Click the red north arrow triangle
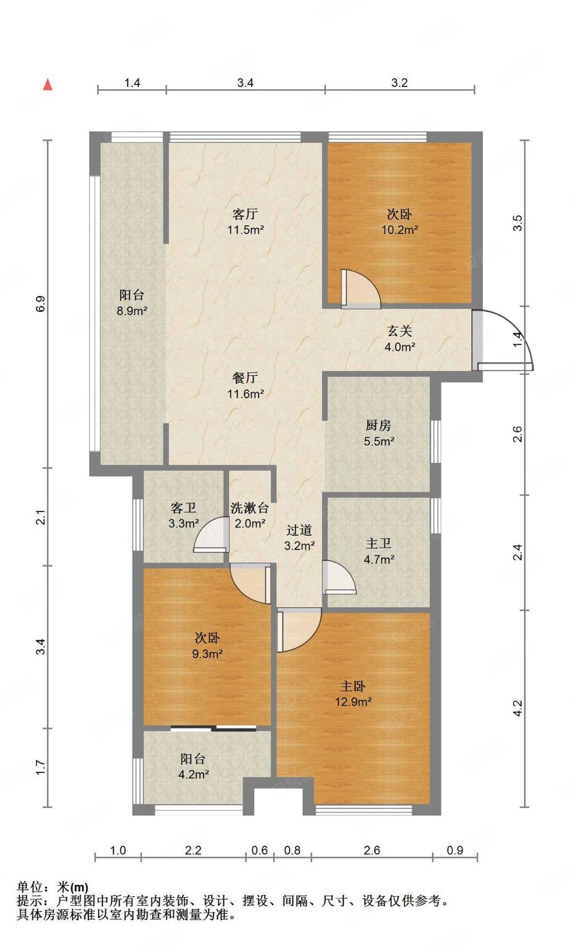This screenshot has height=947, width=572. [x=48, y=85]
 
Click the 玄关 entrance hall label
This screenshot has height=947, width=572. [x=399, y=331]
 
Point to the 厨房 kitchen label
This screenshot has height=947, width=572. [x=378, y=425]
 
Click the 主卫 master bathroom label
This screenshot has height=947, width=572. [x=378, y=543]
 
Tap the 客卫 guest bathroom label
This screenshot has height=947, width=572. [x=184, y=508]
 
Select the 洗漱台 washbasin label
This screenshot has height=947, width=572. [x=250, y=508]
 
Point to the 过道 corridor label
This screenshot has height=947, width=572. [x=299, y=530]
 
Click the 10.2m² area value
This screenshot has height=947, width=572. [x=400, y=230]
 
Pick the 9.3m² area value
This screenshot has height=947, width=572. [x=207, y=654]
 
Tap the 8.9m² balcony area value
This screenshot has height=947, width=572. [x=132, y=311]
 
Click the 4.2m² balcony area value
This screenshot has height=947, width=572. [x=194, y=775]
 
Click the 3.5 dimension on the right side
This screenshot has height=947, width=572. [x=518, y=223]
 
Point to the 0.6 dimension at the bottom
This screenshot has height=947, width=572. [x=260, y=850]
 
